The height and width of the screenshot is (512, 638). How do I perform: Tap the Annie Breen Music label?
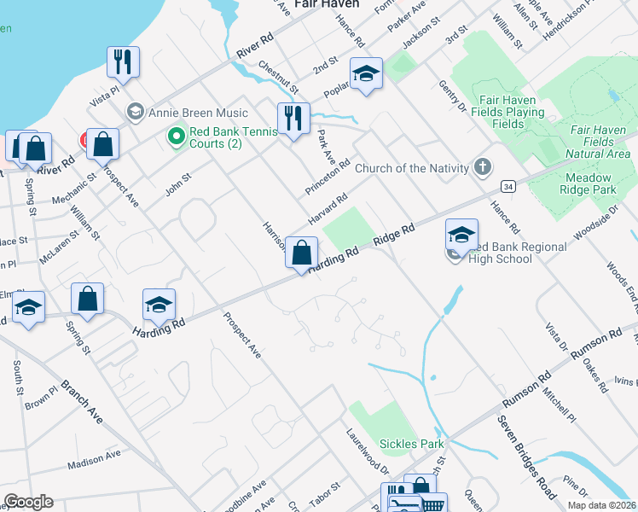198,113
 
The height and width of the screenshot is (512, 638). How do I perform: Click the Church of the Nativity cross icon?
484,167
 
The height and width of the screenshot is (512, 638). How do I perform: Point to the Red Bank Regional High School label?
512,253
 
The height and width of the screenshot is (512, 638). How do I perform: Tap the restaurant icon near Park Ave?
293,119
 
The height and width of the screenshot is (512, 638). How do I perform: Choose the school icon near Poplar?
366,74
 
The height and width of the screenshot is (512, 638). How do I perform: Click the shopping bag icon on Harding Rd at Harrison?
301,253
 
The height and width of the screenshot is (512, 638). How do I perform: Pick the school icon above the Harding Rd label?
159,305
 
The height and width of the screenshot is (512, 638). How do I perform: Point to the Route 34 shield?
508,185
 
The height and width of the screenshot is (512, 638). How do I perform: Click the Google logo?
28,502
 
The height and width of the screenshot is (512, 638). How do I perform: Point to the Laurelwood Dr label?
367,453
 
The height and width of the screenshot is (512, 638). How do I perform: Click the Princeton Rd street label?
329,176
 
